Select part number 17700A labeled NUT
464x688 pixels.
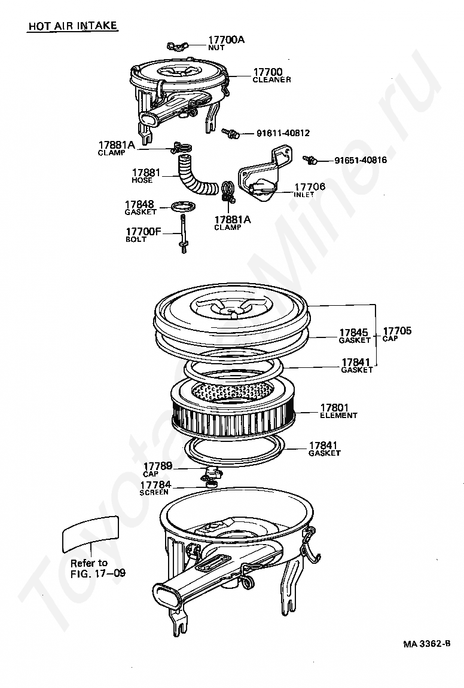click(x=226, y=40)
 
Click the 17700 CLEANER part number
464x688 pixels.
click(x=267, y=72)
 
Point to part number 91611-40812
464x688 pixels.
click(x=275, y=133)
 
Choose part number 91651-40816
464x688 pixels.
click(x=360, y=160)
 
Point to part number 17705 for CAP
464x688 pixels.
click(x=397, y=330)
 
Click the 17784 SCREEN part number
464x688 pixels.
click(x=155, y=485)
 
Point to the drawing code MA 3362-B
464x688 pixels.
click(x=426, y=644)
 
